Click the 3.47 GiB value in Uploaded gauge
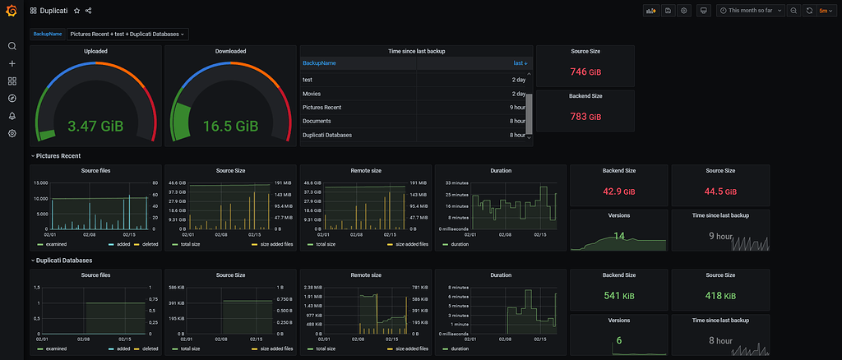tap(95, 127)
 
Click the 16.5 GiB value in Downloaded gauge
tap(230, 127)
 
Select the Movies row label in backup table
tap(312, 94)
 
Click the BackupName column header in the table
tap(319, 63)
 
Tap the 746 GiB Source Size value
tap(585, 72)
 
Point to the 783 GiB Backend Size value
tap(585, 117)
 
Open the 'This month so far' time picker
tap(751, 11)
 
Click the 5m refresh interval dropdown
tap(825, 11)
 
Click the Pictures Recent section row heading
tap(58, 155)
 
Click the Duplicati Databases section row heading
tap(64, 261)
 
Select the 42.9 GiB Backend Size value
tap(618, 192)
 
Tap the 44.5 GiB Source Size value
tap(720, 192)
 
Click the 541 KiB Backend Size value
tap(618, 296)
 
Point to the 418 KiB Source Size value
tap(720, 296)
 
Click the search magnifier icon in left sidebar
tap(12, 46)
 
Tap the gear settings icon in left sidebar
tap(12, 133)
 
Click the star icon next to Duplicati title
tap(76, 11)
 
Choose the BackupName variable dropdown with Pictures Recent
tap(127, 34)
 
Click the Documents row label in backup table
tap(317, 121)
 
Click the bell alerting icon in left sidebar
tap(12, 116)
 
